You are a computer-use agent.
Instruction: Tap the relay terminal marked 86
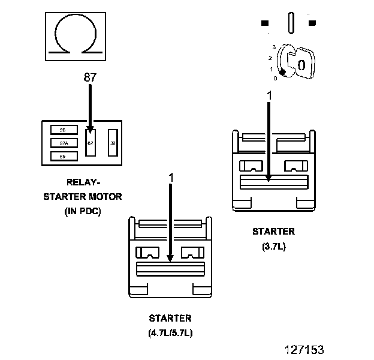(62, 130)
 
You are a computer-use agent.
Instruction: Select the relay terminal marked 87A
(62, 143)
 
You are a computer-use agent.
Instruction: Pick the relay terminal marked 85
(62, 156)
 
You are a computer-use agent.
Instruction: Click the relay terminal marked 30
(113, 143)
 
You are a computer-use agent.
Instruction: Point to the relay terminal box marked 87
(90, 143)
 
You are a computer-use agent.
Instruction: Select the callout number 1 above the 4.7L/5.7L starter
(171, 178)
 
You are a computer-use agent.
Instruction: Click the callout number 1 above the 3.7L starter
(269, 95)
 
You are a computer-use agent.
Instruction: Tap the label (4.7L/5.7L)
(171, 332)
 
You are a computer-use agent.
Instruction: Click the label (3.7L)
(273, 245)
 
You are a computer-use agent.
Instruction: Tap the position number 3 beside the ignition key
(273, 47)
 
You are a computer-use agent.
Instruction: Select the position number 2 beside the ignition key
(271, 58)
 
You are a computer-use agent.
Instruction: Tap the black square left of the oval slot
(264, 23)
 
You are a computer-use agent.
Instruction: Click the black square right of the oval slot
(312, 23)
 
